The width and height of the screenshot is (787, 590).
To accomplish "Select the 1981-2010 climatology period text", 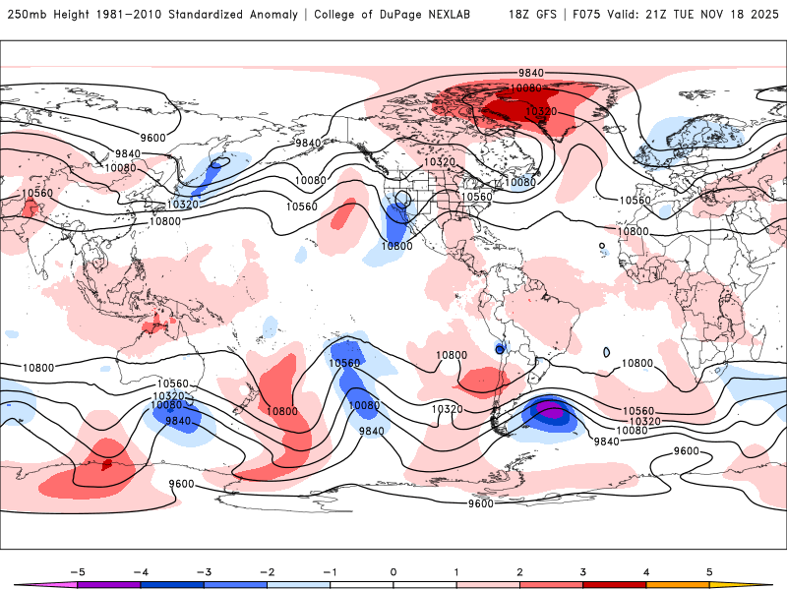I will pyautogui.click(x=131, y=15).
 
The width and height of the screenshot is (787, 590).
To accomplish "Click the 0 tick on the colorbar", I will pyautogui.click(x=393, y=570).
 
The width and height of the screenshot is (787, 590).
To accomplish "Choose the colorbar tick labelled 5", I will pyautogui.click(x=709, y=570).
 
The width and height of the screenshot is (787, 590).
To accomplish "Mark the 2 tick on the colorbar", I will pyautogui.click(x=519, y=570).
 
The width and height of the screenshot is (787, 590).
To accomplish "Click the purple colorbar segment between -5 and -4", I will pyautogui.click(x=108, y=584).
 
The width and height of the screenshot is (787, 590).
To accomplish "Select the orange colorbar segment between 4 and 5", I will pyautogui.click(x=678, y=584).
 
